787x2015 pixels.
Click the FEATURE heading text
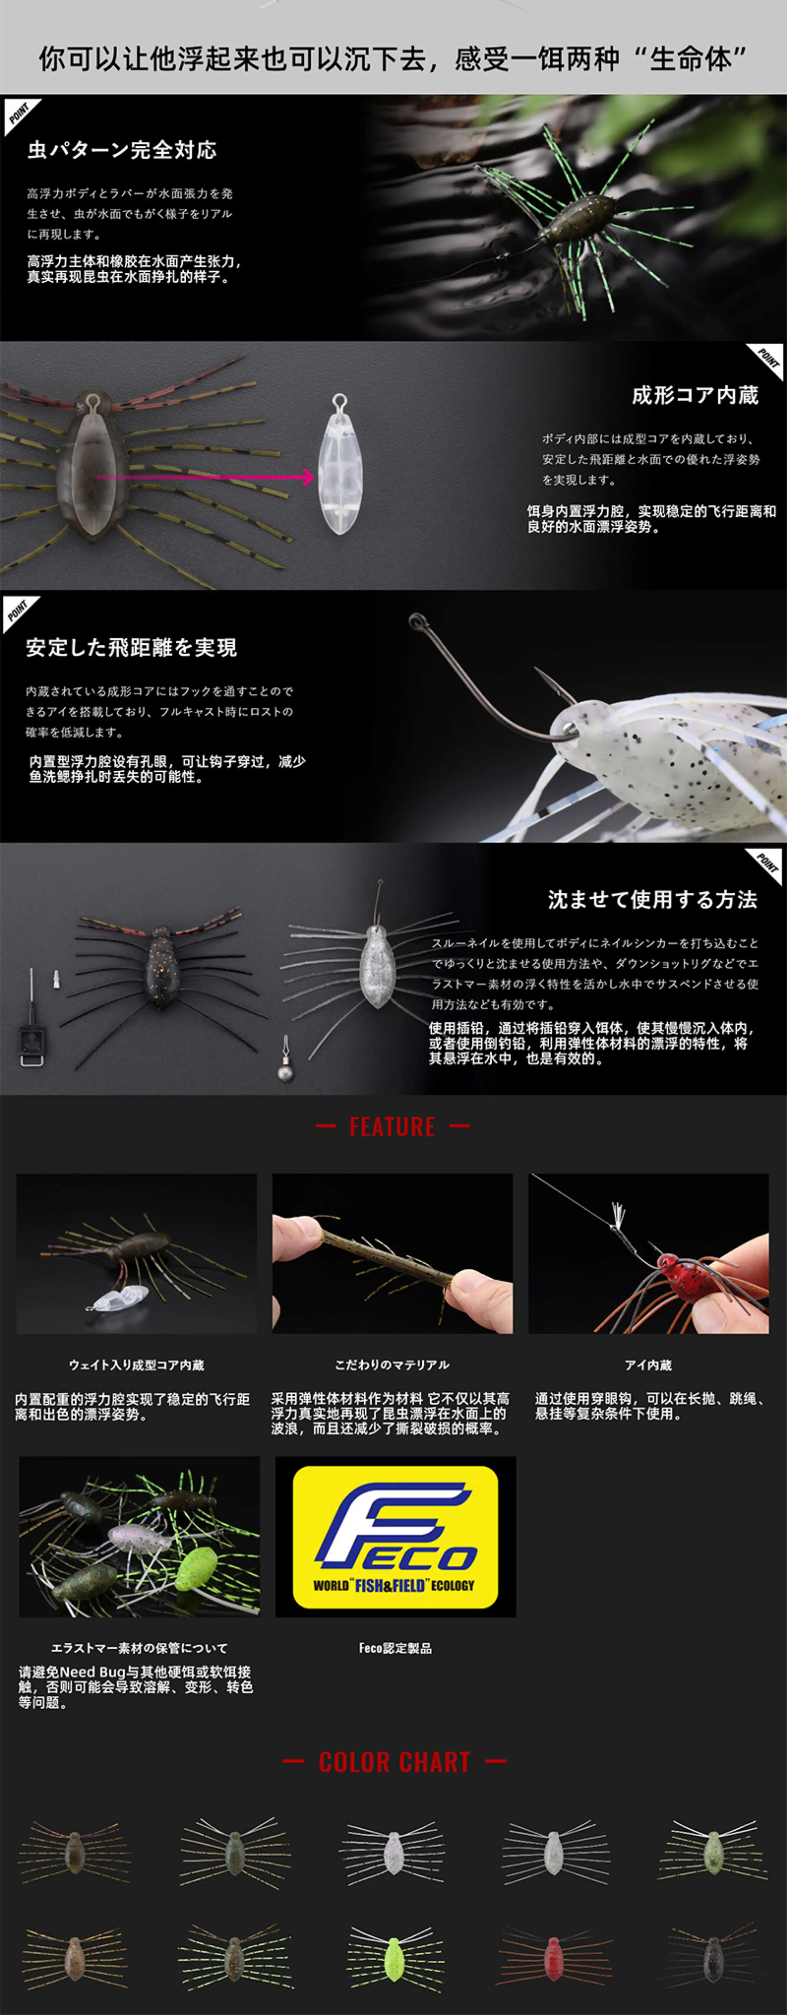pos(392,1127)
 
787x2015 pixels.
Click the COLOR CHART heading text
pos(394,1762)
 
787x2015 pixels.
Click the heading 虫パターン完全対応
pos(122,150)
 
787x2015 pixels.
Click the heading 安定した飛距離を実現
pos(131,647)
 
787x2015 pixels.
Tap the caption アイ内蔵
pos(648,1365)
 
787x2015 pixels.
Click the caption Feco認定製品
pos(395,1648)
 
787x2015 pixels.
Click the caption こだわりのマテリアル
pos(392,1365)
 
